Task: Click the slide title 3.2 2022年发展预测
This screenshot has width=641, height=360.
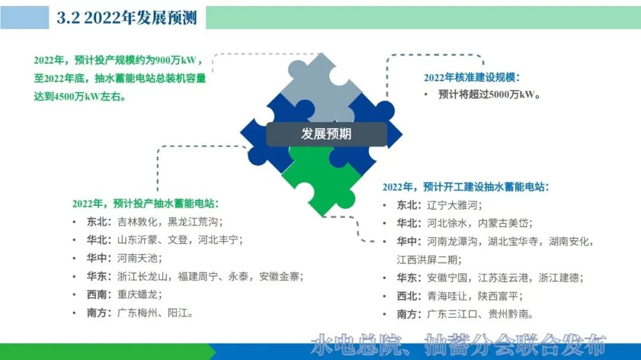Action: (127, 18)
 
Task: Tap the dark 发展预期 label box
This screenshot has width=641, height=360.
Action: (326, 134)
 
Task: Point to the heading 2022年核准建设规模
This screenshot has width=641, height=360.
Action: (471, 77)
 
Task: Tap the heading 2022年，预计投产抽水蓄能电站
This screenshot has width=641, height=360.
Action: (145, 203)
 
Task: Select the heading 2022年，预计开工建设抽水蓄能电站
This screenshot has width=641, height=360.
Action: (466, 187)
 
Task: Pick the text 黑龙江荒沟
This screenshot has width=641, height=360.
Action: (192, 222)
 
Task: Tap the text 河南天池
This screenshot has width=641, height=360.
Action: (137, 258)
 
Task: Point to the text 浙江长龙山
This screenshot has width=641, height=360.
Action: (142, 276)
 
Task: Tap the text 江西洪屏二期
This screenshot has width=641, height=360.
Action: (426, 260)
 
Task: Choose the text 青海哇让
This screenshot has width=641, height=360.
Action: (447, 297)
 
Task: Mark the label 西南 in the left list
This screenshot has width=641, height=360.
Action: (97, 295)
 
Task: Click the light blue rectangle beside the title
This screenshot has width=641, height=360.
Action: (24, 18)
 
